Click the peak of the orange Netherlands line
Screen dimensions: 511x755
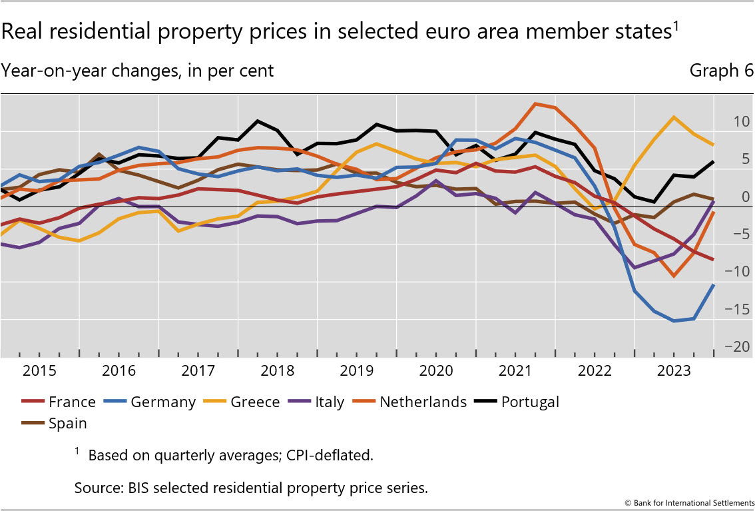pyautogui.click(x=535, y=104)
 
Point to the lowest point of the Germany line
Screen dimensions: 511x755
pyautogui.click(x=674, y=321)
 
